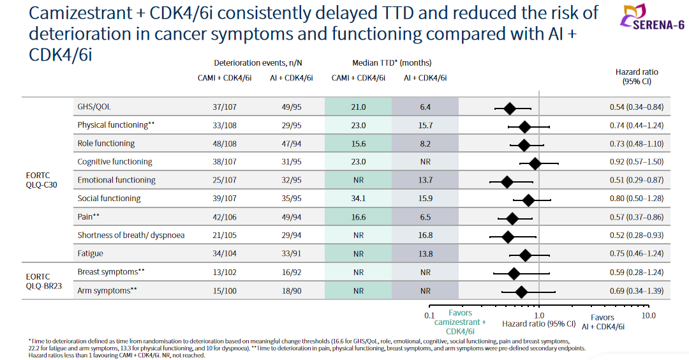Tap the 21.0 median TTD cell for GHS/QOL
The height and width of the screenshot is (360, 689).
coord(358,107)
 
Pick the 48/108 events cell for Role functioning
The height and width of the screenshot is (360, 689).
coord(224,144)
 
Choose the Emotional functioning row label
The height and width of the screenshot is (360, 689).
coord(117,180)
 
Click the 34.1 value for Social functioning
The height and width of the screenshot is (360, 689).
coord(358,199)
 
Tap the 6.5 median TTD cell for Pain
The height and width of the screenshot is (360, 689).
coord(425,217)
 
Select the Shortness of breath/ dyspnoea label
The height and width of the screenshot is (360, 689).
coord(131,235)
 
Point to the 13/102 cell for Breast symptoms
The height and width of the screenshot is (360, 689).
coord(224,272)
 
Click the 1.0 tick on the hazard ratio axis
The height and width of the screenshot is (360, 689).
coord(539,315)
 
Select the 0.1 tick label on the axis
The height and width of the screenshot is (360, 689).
coord(429,315)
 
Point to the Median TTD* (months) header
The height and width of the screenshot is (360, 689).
coord(392,63)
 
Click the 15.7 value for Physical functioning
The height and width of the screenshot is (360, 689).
coord(425,125)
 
